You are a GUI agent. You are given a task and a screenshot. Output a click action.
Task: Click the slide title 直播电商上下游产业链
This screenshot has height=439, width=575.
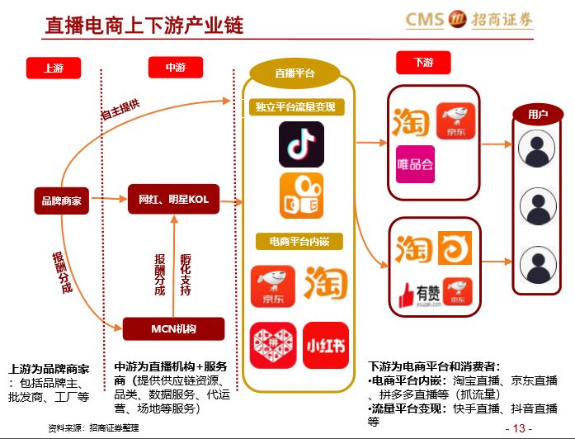click(x=144, y=25)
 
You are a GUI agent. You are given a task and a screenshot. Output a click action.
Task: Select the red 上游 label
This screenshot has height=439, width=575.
click(x=54, y=68)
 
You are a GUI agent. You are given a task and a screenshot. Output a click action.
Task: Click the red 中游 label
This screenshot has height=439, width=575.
click(x=175, y=68)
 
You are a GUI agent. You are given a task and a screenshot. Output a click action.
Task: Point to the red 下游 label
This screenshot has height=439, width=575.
click(x=423, y=63)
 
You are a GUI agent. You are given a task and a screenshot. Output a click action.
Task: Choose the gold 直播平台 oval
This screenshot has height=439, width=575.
click(x=295, y=73)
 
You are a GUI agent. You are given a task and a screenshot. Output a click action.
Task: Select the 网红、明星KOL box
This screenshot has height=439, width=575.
click(x=174, y=199)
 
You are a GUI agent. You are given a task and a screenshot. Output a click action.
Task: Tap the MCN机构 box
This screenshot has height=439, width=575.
click(x=173, y=329)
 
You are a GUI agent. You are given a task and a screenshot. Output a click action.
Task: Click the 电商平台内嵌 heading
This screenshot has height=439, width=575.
click(x=295, y=242)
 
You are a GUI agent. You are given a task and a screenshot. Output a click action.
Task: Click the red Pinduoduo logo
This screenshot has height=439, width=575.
click(x=272, y=344)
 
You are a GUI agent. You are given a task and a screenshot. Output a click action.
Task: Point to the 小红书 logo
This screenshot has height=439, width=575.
click(x=325, y=344)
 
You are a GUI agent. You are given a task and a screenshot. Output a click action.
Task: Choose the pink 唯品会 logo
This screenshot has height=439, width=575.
click(x=415, y=163)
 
